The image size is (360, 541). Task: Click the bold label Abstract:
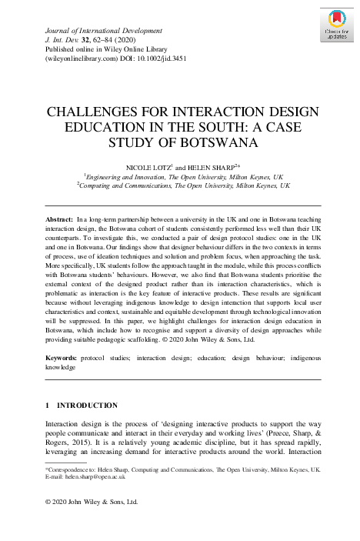(x=60, y=219)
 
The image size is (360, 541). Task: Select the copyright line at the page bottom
(x=91, y=502)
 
